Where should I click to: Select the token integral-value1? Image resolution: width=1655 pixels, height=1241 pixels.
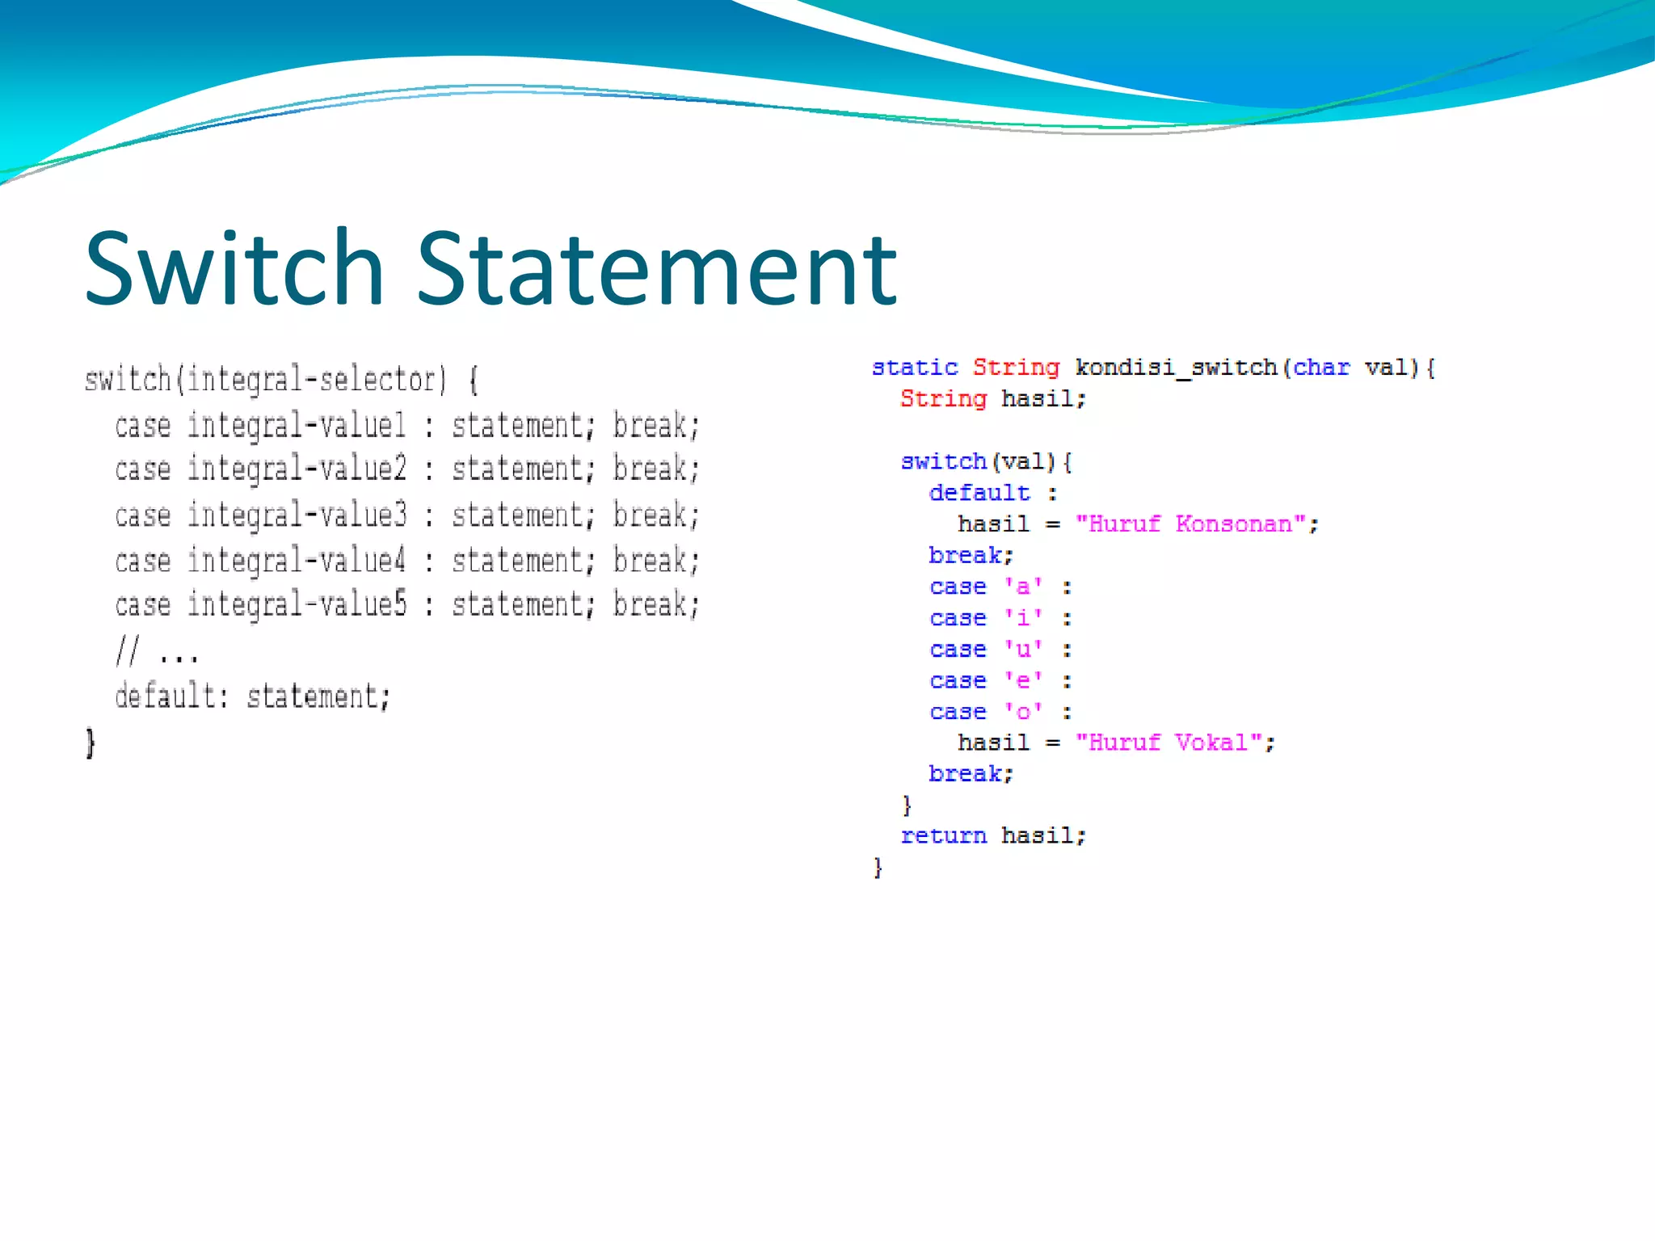point(297,426)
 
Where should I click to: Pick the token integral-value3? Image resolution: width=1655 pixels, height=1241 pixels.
point(297,515)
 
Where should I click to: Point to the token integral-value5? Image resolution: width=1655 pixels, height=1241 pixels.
point(297,605)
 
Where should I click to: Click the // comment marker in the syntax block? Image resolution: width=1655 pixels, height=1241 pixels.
point(128,650)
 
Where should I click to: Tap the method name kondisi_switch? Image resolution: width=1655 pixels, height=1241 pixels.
point(1176,368)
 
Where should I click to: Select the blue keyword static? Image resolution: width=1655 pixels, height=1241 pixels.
point(914,368)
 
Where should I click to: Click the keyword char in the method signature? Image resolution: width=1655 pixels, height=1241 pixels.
point(1321,368)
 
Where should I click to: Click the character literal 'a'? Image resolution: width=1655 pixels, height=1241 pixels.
point(1023,587)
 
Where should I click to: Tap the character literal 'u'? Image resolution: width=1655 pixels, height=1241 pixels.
point(1023,650)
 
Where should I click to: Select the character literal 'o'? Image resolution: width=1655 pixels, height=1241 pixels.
point(1023,712)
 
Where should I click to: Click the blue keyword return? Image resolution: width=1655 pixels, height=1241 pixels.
point(943,835)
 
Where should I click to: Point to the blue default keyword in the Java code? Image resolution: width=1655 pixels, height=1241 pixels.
point(979,493)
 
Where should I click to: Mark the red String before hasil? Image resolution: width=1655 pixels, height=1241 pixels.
point(943,399)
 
